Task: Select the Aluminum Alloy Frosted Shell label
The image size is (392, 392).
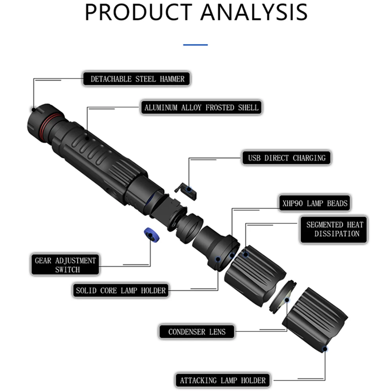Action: [x=201, y=107]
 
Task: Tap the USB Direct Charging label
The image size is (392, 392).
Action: [x=287, y=158]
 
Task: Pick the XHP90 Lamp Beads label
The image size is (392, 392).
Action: [x=315, y=203]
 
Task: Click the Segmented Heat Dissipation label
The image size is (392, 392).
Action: [x=334, y=229]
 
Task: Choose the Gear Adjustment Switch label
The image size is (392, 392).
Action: [x=65, y=265]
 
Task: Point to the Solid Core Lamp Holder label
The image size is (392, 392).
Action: [x=121, y=290]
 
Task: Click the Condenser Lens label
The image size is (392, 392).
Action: [x=197, y=332]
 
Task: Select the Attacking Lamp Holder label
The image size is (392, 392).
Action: [x=223, y=381]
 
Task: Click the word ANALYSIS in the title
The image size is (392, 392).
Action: [x=254, y=13]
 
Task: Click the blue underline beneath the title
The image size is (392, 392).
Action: [x=196, y=45]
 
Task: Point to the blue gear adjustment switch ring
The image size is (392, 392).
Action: [x=152, y=235]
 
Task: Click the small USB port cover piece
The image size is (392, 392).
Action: [x=186, y=191]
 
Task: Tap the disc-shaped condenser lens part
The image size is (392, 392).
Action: [x=283, y=297]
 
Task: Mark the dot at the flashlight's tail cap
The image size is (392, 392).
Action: [x=34, y=109]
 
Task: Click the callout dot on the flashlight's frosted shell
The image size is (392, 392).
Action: [x=87, y=138]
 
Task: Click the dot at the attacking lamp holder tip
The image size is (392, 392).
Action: [x=325, y=349]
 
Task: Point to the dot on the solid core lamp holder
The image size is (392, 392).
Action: [x=218, y=259]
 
